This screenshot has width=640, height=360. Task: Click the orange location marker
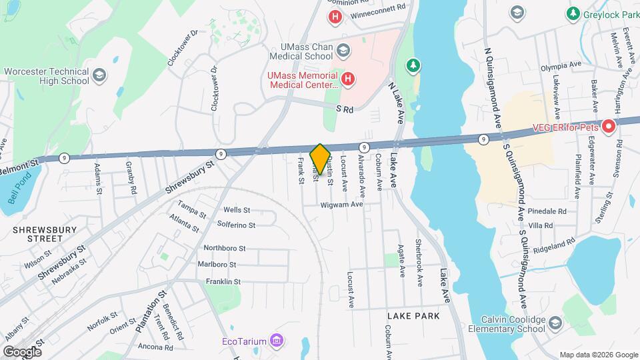click(x=320, y=159)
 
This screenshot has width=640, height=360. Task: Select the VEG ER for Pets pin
click(x=608, y=126)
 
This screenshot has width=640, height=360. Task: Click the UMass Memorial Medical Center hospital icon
click(x=347, y=80)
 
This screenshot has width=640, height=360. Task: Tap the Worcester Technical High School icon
click(x=99, y=75)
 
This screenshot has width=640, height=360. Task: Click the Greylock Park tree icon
click(x=572, y=13)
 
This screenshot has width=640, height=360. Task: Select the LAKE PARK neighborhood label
click(x=413, y=315)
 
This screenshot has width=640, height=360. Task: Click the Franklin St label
click(x=223, y=282)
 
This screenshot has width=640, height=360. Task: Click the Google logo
click(x=22, y=351)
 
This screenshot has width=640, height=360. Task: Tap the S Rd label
click(x=344, y=109)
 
